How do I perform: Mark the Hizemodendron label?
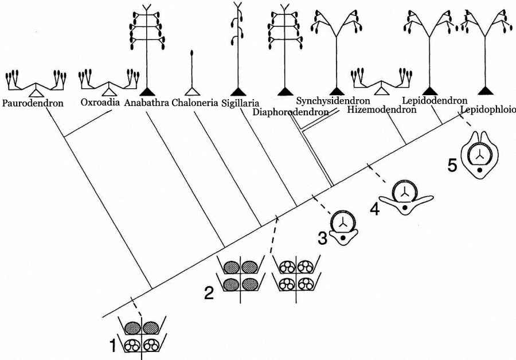(x=382, y=109)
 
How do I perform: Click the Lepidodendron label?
(x=435, y=101)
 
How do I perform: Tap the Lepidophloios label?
(x=488, y=109)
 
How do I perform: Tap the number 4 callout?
(x=374, y=209)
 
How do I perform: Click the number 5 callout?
(x=452, y=165)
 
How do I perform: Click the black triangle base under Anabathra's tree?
(x=148, y=91)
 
